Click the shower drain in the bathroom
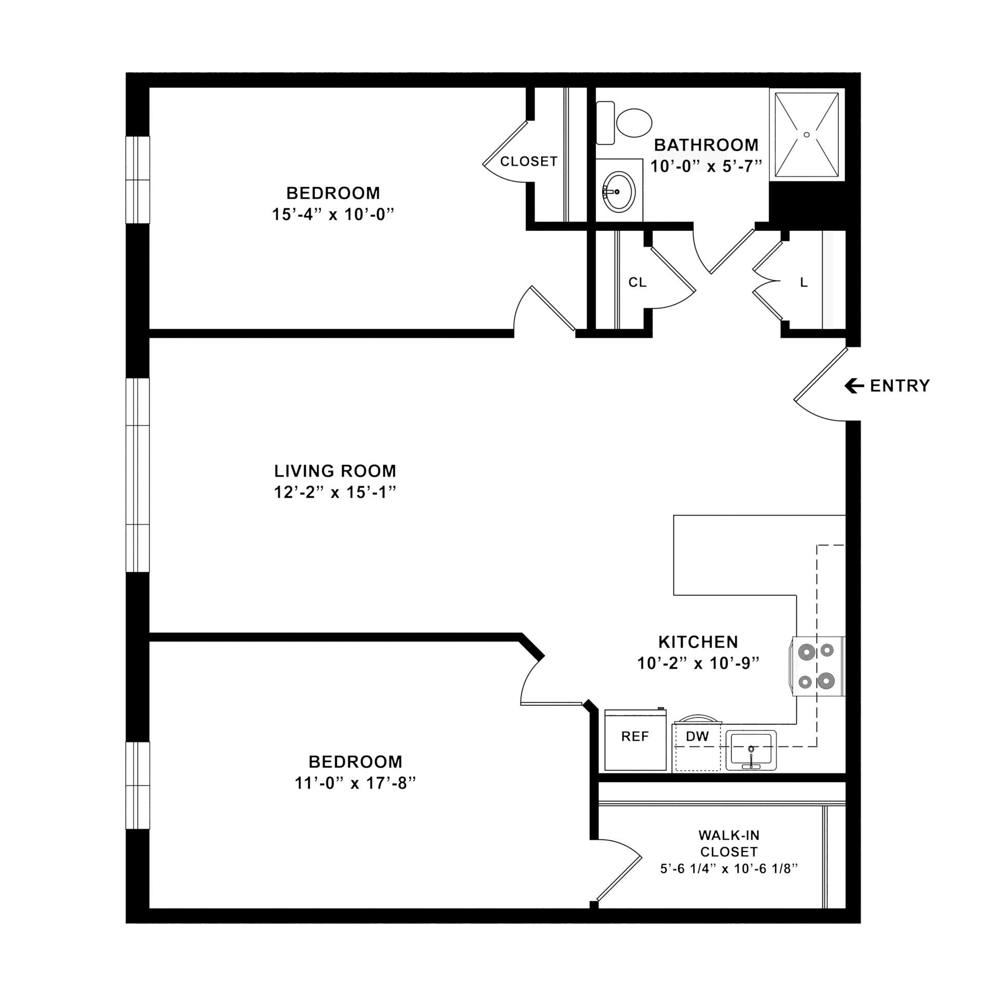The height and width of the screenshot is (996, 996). click(806, 135)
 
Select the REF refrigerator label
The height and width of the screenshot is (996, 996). click(635, 736)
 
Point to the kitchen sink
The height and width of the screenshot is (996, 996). click(751, 750)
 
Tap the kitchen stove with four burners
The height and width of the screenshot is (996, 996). click(817, 666)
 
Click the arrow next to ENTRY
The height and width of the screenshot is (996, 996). click(854, 385)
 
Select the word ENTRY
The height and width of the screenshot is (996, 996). click(900, 386)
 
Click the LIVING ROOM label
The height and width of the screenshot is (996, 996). click(335, 471)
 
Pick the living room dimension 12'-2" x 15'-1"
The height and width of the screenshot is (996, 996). click(335, 492)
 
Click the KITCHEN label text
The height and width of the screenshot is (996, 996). click(698, 642)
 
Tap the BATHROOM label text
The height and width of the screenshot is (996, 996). click(706, 145)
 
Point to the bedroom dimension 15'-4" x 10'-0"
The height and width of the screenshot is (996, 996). click(330, 214)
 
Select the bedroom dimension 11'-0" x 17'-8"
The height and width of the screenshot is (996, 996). click(356, 783)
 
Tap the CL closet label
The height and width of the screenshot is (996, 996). click(638, 282)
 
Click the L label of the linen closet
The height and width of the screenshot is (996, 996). click(804, 283)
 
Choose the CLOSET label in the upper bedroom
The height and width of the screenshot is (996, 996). click(529, 162)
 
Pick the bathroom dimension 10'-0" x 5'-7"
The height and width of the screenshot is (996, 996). click(707, 166)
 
